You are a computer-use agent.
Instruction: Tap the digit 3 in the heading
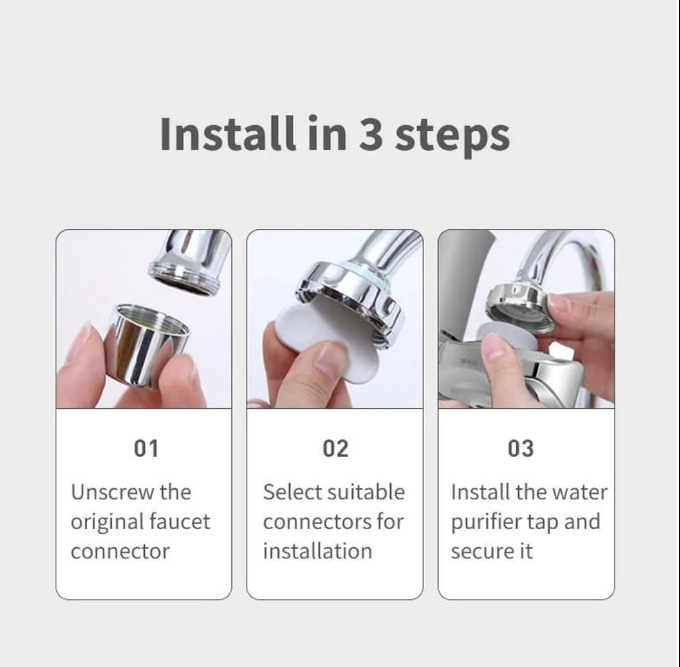[371, 135]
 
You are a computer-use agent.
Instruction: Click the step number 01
[146, 448]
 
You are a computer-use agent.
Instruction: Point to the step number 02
[335, 448]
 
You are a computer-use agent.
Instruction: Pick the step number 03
[520, 448]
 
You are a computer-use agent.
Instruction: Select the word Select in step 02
[290, 492]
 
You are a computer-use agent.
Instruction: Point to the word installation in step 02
[317, 551]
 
